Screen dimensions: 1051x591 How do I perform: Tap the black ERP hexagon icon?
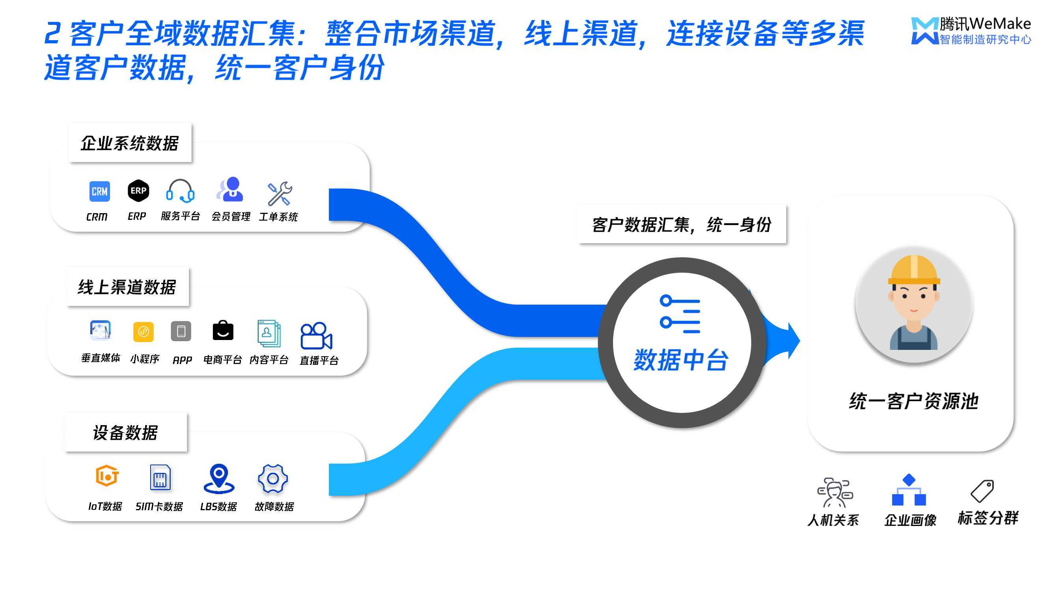point(138,190)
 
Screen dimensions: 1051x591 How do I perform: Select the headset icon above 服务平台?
point(180,191)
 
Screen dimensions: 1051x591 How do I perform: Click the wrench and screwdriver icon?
point(280,193)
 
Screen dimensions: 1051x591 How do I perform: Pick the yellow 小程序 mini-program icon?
point(143,332)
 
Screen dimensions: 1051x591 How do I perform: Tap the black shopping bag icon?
point(223,331)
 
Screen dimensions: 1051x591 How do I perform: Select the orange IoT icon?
point(107,476)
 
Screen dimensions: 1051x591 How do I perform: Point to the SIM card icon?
point(160,477)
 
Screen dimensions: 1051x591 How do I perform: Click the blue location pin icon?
point(219,478)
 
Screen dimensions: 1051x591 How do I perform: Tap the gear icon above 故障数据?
point(273,478)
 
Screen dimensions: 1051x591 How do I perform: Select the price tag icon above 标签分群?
point(982,491)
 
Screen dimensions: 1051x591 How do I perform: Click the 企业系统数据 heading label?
point(130,143)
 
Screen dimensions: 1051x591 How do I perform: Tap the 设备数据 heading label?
point(125,432)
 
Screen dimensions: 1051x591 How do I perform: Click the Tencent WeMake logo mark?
point(924,31)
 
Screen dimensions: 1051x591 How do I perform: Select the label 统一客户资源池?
point(913,401)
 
